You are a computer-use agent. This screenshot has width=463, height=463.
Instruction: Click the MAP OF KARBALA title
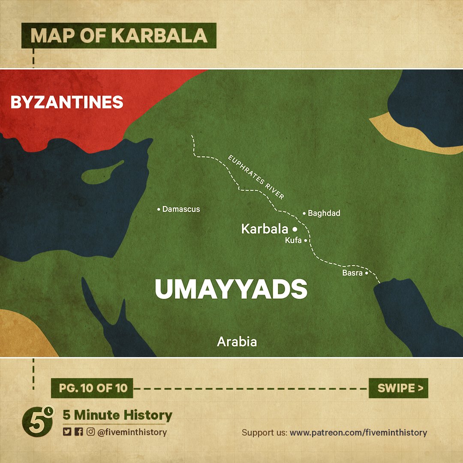tap(119, 36)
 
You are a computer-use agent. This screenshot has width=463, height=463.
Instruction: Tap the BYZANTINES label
tap(67, 102)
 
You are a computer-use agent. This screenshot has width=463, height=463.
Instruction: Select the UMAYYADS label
tap(231, 289)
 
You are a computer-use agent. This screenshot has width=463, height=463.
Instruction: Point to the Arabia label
tap(237, 342)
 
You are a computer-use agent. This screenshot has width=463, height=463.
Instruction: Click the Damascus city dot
tap(159, 210)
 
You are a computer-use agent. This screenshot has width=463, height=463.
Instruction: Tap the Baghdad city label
tap(324, 213)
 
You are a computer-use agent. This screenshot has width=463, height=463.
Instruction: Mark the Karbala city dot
tap(295, 229)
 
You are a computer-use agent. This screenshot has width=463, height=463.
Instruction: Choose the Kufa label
tap(293, 241)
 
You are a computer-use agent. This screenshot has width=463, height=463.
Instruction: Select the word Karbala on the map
tap(265, 229)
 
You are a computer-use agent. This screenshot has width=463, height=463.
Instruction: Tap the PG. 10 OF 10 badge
tap(92, 388)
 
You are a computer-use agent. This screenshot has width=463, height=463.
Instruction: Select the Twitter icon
tap(67, 432)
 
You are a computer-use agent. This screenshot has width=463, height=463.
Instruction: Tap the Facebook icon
tap(78, 432)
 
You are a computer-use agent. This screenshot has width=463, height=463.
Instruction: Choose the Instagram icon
tap(90, 432)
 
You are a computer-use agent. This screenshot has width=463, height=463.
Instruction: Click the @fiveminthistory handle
tap(132, 432)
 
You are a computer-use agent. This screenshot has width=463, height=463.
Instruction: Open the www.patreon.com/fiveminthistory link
tap(358, 433)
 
